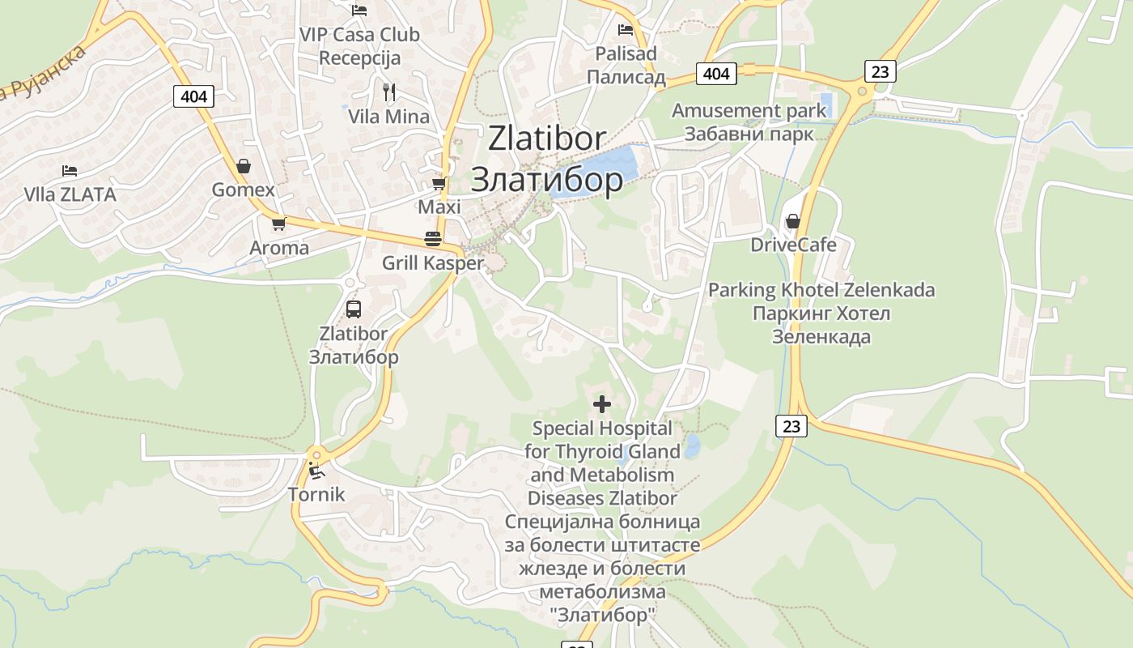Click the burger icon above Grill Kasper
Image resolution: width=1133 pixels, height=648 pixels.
[433, 239]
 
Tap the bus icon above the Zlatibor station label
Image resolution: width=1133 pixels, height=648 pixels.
[354, 309]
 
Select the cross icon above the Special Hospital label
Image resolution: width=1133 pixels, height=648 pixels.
[601, 403]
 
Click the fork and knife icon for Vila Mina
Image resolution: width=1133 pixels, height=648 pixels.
[389, 92]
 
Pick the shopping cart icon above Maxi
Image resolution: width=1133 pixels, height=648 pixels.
[439, 184]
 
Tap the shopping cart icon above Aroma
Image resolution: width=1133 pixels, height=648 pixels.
[278, 224]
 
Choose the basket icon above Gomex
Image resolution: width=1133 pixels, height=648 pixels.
[243, 166]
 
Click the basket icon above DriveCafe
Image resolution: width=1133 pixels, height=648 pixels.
[792, 221]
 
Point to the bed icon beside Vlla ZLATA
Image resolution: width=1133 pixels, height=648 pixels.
[70, 171]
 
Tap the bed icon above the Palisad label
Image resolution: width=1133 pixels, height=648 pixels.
[626, 30]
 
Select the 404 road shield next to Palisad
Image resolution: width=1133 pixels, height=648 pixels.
[715, 74]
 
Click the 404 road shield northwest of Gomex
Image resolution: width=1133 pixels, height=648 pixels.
[193, 96]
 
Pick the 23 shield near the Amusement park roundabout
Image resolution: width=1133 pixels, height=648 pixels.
[880, 71]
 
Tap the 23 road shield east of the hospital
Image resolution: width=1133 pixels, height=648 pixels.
[791, 425]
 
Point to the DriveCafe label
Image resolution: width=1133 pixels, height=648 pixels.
[793, 245]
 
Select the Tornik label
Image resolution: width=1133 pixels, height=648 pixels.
[316, 494]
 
